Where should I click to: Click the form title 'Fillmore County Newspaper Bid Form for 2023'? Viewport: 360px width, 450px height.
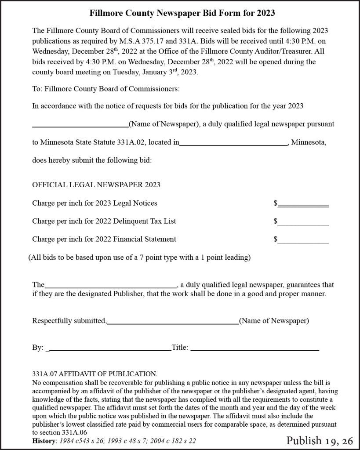(182, 13)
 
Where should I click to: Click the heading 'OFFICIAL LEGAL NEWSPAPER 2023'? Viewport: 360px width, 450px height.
(96, 185)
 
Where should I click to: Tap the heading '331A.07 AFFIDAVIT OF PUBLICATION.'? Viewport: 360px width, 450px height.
(95, 374)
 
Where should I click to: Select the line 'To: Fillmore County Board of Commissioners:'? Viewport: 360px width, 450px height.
(106, 89)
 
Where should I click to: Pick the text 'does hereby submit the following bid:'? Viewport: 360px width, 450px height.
(92, 160)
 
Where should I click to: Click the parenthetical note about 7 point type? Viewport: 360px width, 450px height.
(139, 258)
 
